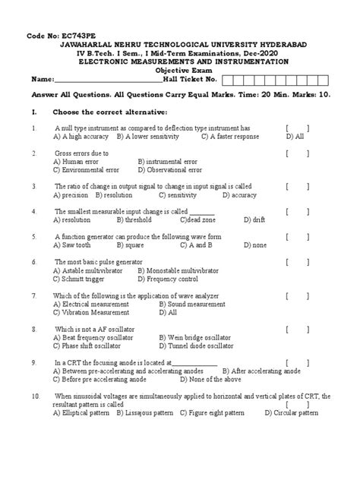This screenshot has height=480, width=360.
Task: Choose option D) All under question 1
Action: (295, 137)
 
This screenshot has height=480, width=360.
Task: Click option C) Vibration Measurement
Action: (93, 311)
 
